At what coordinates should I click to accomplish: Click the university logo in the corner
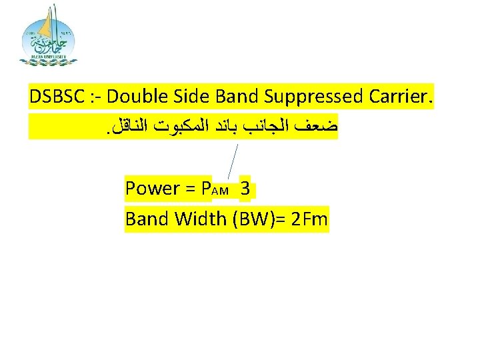[49, 36]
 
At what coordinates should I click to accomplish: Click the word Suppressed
[313, 98]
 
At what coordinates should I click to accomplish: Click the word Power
[152, 189]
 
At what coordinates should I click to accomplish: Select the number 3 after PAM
[245, 189]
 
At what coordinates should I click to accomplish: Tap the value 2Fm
[310, 219]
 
